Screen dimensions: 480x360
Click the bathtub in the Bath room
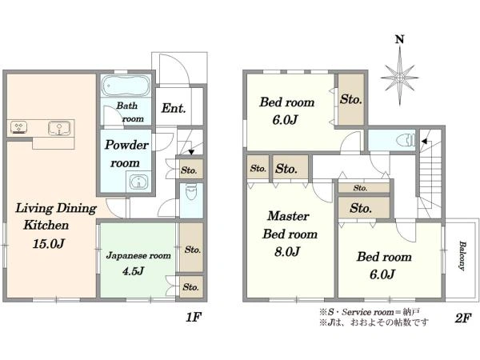[126, 86]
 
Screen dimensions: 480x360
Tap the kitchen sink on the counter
[59, 128]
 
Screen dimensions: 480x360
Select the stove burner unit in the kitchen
[19, 128]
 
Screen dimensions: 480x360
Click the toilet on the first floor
[192, 192]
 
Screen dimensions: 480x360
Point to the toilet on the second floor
[406, 140]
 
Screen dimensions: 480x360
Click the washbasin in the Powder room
[138, 182]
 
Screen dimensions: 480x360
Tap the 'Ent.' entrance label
[174, 108]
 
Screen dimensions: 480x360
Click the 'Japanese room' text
[138, 255]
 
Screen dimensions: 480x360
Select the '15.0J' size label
[48, 244]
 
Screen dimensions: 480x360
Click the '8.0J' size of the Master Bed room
[287, 251]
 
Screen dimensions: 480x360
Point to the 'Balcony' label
[462, 256]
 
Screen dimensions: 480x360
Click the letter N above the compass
[399, 39]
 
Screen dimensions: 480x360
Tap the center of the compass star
[399, 77]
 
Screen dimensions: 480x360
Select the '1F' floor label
[194, 318]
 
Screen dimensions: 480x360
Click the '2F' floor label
[462, 318]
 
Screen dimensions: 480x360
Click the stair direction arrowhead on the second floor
[424, 142]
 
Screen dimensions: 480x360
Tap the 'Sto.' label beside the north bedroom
[351, 99]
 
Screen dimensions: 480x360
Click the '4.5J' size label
[133, 271]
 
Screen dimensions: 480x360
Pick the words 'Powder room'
[126, 154]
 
